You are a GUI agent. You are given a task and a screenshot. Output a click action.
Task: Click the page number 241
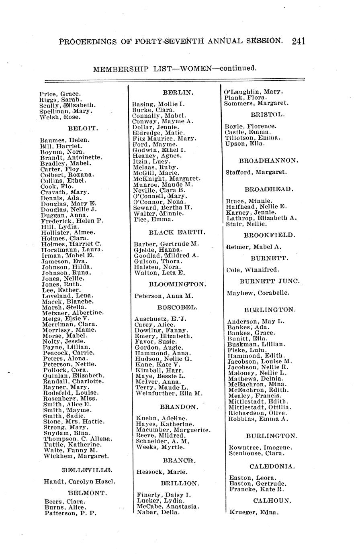point(299,41)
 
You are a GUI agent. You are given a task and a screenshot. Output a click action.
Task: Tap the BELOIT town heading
point(83,129)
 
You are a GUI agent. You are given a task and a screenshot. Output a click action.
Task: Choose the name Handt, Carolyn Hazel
point(79,481)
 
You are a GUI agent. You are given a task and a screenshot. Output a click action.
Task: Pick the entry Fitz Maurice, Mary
point(164,138)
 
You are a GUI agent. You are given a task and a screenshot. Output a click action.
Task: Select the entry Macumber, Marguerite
point(173,430)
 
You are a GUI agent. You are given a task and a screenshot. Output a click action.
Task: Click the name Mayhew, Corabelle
point(258,293)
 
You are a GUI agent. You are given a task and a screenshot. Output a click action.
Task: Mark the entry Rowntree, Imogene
point(260,448)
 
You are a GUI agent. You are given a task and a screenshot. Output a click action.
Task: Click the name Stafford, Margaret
point(256,172)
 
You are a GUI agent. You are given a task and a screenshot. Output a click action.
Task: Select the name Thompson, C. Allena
point(78,439)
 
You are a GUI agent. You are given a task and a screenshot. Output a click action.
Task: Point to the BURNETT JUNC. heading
point(269,281)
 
